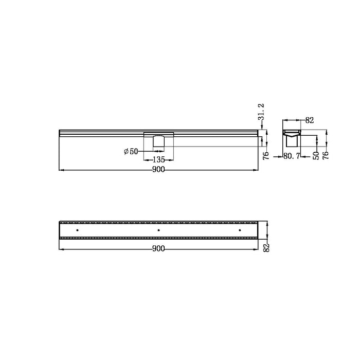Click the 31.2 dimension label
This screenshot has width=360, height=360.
point(261,112)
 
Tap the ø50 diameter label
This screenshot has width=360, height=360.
point(131,152)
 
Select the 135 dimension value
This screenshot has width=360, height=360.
point(158,159)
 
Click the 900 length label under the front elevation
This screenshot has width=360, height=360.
point(159,171)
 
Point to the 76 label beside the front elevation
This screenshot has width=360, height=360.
point(266,156)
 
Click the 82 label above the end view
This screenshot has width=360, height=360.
point(310,120)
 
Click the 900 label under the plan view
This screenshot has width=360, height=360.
point(158,249)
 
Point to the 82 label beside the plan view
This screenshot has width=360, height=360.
point(266,247)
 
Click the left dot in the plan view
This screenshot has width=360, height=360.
point(77,230)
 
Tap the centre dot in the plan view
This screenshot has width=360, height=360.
point(158,230)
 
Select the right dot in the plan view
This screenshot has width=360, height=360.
point(240,230)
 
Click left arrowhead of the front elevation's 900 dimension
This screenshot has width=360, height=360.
point(62,170)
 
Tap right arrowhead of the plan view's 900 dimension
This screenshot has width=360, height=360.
point(256,249)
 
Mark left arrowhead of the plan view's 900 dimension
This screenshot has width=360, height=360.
point(62,249)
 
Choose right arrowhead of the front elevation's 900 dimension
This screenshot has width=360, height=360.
point(256,170)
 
